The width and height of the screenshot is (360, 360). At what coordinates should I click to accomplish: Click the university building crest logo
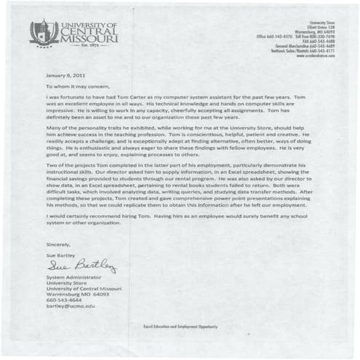44,32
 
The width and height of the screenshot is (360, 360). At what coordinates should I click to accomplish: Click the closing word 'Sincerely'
58,244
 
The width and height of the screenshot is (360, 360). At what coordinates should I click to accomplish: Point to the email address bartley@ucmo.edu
71,305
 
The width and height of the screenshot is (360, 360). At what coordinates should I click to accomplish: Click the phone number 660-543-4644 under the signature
65,300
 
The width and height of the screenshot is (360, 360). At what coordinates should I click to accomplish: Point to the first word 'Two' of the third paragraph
51,166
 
